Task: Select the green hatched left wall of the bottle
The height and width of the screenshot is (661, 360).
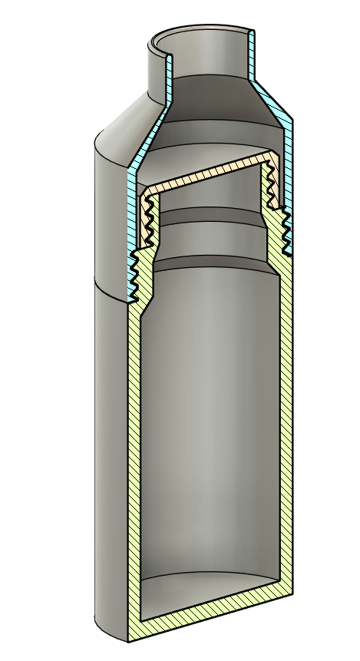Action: [133, 461]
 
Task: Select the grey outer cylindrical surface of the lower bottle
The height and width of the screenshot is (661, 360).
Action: [107, 461]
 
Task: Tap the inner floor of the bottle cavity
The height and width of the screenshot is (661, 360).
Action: [207, 587]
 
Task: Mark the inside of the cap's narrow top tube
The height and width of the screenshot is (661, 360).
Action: [203, 58]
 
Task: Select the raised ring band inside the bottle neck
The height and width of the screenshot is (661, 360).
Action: [207, 231]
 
